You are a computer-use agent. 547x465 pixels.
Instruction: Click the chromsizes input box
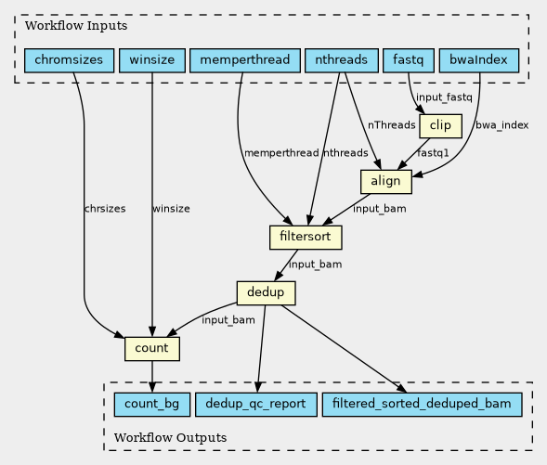coord(69,60)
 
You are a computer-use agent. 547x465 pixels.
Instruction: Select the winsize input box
coord(152,60)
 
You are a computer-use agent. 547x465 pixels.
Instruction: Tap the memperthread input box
coord(245,60)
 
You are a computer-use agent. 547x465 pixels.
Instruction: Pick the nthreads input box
coord(342,60)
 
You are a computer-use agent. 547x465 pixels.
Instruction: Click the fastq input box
coord(409,60)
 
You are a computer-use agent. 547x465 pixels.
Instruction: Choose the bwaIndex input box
coord(479,60)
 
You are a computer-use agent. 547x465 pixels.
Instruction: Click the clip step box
coord(440,126)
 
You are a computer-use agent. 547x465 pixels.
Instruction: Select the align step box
coord(386,182)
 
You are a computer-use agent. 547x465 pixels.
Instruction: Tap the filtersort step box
coord(306,238)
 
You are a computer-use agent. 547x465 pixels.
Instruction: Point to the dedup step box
coord(267,293)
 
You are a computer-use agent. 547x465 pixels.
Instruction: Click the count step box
coord(152,349)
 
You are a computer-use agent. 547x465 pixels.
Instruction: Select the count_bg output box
coord(152,405)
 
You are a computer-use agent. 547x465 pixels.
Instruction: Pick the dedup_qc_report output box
coord(256,405)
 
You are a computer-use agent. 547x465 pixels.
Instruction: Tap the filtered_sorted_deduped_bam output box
coord(423,405)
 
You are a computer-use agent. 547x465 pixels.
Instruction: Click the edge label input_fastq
coord(444,97)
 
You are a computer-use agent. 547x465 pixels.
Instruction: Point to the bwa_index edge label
coord(502,125)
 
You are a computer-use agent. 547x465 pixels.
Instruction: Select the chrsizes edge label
coord(105,209)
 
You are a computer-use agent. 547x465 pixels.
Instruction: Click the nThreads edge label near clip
coord(391,125)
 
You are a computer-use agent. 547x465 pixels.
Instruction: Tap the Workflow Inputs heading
coord(76,26)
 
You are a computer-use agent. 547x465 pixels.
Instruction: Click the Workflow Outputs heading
coord(170,438)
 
